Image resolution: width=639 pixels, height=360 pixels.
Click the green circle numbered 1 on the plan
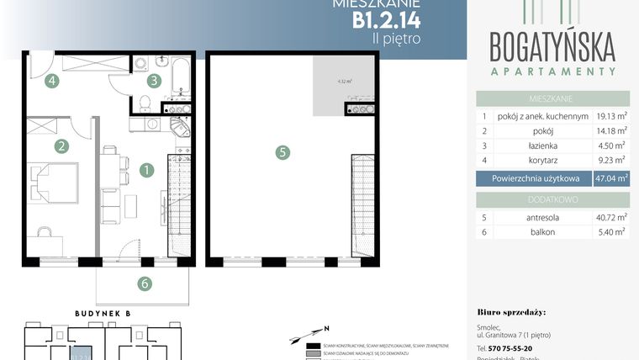pos(145,169)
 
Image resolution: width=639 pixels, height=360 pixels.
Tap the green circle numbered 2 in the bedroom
pos(61,146)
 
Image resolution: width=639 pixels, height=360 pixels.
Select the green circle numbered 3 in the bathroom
pos(153,82)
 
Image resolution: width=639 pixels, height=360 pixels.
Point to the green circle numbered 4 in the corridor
pos(52,82)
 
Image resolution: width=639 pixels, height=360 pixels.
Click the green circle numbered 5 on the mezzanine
pos(283,152)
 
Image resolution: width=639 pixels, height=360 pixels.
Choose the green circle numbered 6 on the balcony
pos(145,283)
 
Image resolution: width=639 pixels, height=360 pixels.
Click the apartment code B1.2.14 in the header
pos(386,19)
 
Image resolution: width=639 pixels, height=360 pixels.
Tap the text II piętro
pos(398,38)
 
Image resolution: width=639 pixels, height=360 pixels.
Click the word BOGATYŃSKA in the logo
pos(552,43)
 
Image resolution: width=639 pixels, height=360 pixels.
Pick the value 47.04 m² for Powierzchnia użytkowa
pos(610,177)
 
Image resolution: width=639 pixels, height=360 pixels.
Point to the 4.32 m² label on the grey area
pos(344,82)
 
